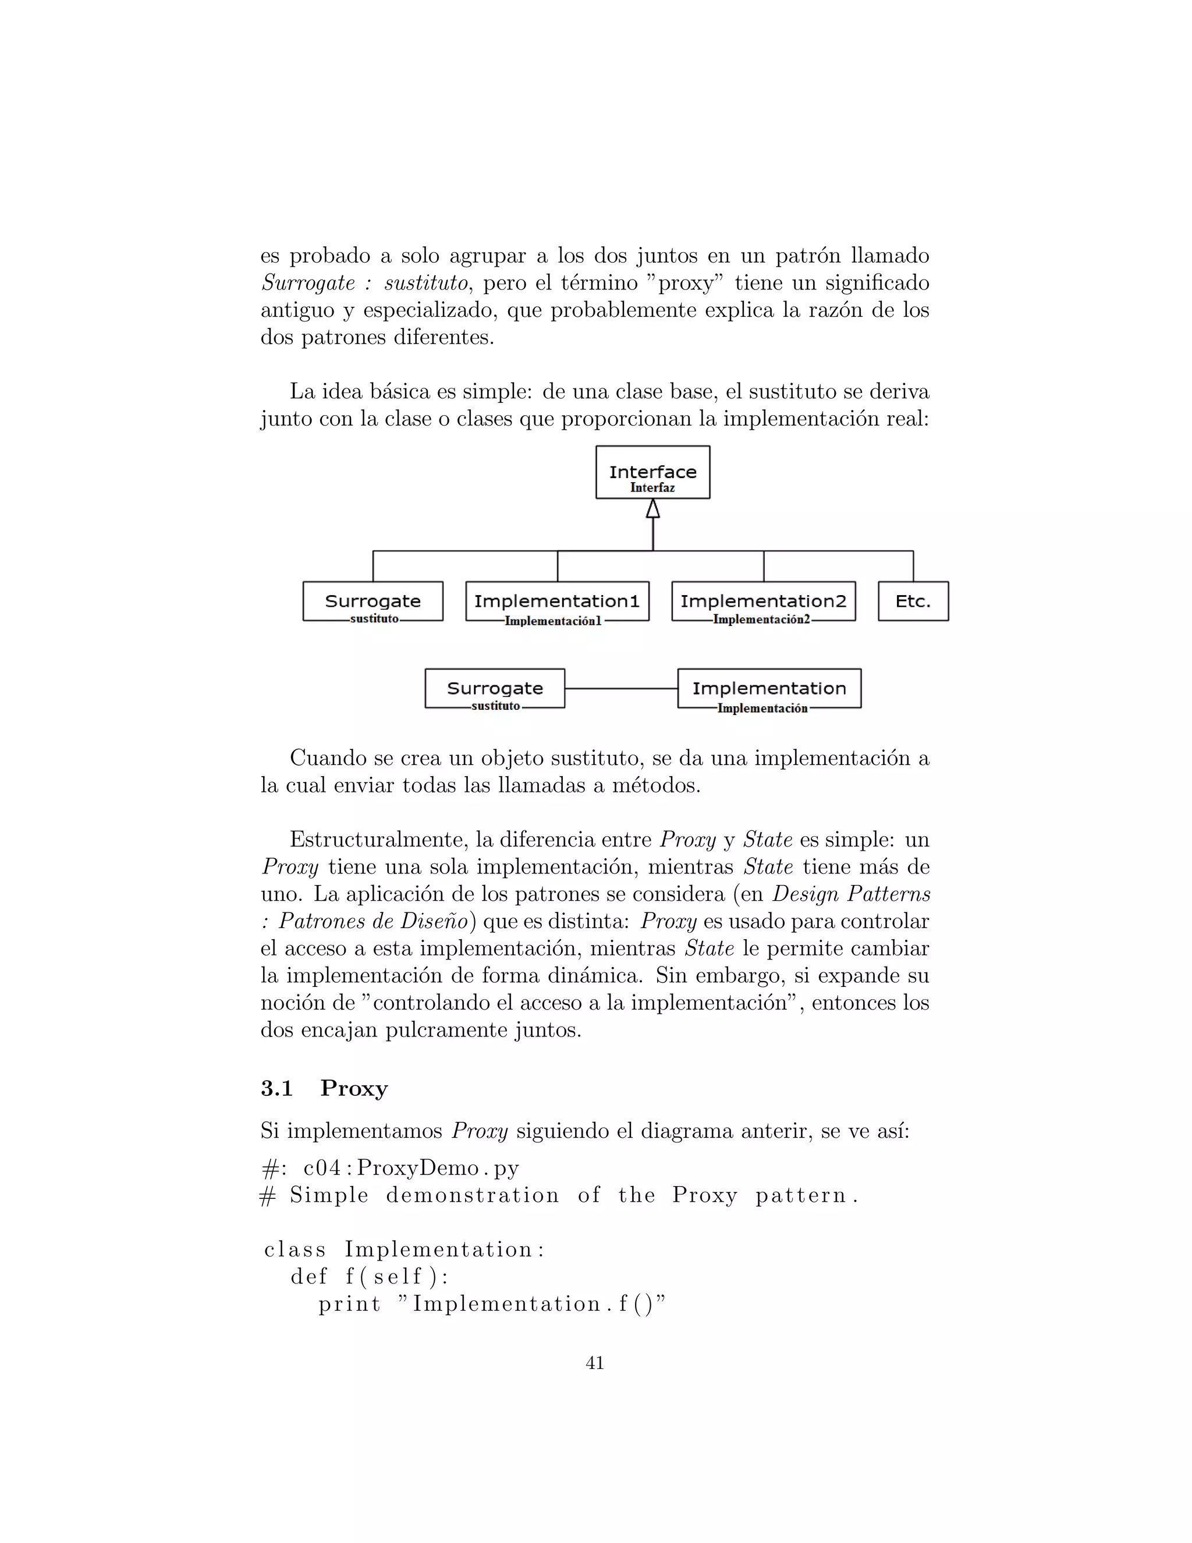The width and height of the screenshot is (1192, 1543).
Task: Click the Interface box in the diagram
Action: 652,472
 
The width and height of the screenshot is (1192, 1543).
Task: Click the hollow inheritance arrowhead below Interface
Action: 652,509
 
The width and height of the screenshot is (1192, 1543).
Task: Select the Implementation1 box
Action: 557,601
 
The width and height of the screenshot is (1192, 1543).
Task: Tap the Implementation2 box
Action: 764,601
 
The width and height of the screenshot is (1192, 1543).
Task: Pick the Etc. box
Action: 913,601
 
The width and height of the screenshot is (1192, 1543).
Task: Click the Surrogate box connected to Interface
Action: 373,601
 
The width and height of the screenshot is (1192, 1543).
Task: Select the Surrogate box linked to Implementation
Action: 495,688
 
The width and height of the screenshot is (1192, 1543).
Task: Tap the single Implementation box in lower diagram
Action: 769,688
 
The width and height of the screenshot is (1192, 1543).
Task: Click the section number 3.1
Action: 277,1088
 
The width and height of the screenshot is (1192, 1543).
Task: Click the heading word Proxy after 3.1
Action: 354,1088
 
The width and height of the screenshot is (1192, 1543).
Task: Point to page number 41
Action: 595,1363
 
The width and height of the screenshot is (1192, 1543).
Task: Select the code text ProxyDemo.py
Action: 438,1168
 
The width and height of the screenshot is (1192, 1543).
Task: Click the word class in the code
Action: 295,1250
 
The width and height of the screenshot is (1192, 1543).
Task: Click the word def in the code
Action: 309,1277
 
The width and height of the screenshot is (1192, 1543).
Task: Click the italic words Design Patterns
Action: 851,894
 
